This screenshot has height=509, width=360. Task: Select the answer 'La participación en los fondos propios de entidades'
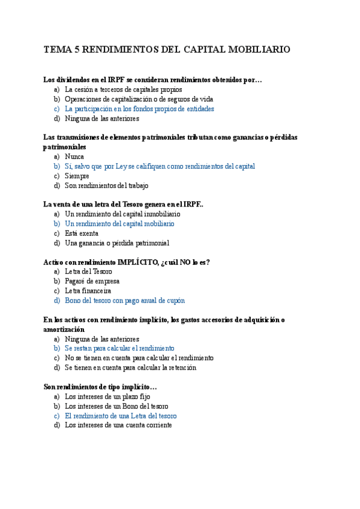[x=139, y=109]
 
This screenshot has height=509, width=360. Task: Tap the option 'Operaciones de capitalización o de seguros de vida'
[x=139, y=99]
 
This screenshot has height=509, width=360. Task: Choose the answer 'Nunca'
[x=74, y=156]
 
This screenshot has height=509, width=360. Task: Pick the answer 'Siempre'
[x=77, y=176]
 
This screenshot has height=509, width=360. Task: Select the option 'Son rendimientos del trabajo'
[x=106, y=185]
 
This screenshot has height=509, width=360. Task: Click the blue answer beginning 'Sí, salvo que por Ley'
[x=160, y=166]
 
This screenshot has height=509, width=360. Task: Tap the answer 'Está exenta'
[x=82, y=233]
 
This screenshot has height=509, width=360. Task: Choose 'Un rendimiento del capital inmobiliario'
[x=122, y=214]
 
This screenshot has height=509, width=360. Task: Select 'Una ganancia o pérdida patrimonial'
[x=117, y=243]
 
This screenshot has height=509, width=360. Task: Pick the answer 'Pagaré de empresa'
[x=92, y=281]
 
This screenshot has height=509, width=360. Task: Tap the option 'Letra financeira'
[x=88, y=291]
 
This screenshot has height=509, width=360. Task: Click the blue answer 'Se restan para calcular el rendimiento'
[x=119, y=348]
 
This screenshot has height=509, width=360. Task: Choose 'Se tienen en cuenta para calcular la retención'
[x=130, y=367]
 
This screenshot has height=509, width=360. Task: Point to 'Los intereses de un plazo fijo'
[x=107, y=397]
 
